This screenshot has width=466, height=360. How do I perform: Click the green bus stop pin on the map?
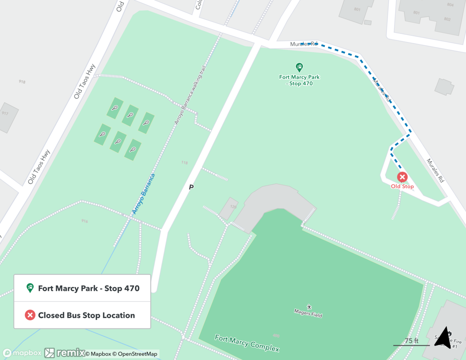coord(299,67)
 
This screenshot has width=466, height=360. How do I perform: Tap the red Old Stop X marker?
coord(402,177)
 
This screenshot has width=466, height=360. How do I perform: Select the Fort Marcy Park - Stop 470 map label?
coord(299,80)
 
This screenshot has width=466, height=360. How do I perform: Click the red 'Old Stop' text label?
coord(402,186)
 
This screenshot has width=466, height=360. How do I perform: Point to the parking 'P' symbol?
coord(191,187)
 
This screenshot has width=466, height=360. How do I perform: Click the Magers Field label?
coord(308,313)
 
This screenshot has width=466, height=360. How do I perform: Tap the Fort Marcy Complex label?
coord(247,343)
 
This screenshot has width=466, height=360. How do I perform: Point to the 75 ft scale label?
coord(411,341)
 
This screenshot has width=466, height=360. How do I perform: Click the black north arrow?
coord(443,337)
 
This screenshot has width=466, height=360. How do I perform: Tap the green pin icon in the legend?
coord(30,288)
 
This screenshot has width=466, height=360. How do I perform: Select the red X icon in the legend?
coord(30,315)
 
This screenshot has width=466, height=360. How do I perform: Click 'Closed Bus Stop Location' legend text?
coord(86,315)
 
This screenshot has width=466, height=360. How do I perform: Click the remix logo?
coord(65,353)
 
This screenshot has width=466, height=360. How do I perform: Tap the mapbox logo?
coord(22,353)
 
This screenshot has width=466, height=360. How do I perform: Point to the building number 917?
coord(5,113)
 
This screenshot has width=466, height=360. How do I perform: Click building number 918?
coord(22,82)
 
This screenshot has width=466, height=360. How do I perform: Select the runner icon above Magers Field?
coord(309,307)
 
